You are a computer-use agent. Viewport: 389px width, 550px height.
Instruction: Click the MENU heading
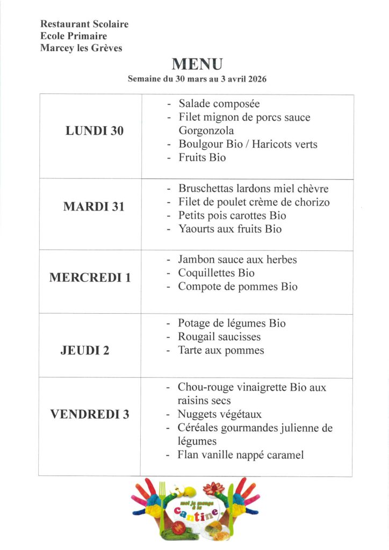[197, 64]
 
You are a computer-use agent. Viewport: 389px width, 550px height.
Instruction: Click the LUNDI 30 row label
[95, 131]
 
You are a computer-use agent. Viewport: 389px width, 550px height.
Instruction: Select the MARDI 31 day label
[93, 206]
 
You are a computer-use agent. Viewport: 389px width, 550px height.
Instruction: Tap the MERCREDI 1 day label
[90, 278]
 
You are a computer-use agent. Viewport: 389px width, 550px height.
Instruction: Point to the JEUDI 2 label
[85, 351]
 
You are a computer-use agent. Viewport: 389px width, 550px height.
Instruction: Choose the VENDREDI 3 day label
[90, 414]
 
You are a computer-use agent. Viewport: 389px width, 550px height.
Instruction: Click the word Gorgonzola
[206, 131]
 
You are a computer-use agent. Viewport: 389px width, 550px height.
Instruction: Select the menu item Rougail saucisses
[219, 337]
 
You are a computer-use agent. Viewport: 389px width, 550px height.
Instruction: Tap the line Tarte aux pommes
[221, 351]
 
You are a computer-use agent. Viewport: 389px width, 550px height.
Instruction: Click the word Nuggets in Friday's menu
[198, 415]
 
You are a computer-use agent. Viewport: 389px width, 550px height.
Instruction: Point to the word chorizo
[308, 202]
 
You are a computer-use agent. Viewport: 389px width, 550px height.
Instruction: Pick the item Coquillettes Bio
[217, 273]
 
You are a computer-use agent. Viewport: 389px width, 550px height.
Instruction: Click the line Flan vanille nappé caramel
[241, 455]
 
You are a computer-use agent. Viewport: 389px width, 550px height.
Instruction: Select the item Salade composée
[219, 104]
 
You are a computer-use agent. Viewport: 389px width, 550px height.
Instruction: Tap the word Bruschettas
[206, 189]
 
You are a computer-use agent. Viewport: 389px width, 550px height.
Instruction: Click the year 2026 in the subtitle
[257, 78]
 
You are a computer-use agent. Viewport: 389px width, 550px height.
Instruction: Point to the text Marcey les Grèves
[81, 48]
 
